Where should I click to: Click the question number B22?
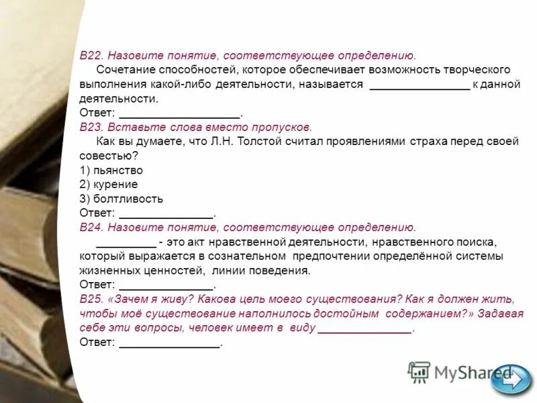click(x=91, y=56)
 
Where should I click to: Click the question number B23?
click(x=91, y=127)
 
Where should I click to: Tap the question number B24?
click(x=91, y=228)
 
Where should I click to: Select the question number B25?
click(x=91, y=300)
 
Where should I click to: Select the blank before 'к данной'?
click(x=420, y=85)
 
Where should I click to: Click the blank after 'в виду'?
click(x=364, y=328)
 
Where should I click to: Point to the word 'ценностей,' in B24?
click(x=173, y=271)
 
